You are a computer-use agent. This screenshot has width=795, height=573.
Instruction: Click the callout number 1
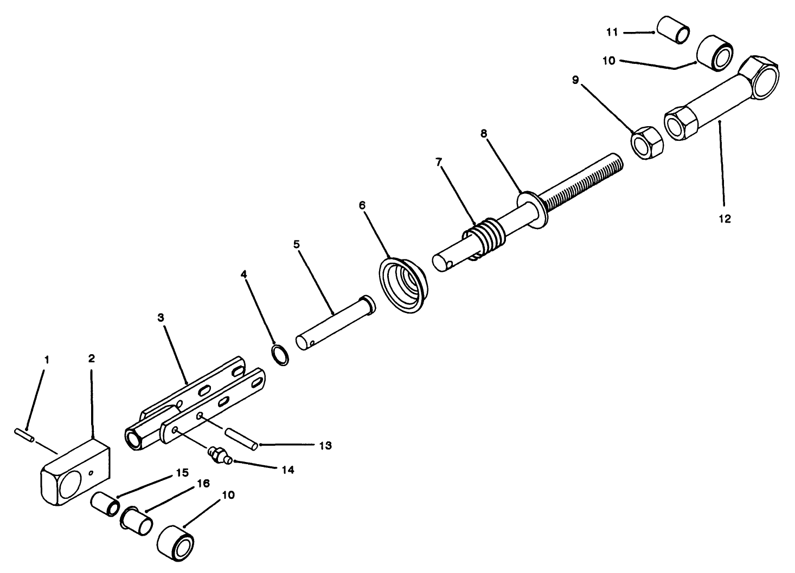point(47,360)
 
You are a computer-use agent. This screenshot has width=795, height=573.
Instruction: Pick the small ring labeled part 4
point(280,355)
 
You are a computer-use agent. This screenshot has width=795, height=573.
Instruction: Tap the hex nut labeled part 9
point(646,142)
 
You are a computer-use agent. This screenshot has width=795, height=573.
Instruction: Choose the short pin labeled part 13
point(240,438)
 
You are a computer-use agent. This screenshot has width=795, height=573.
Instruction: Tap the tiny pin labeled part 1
point(24,434)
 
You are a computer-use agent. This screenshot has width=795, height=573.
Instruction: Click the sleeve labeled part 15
point(105,506)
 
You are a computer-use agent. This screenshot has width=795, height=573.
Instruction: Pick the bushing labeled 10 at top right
point(715,54)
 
